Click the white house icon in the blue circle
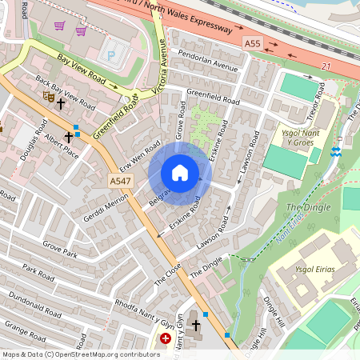point(180,173)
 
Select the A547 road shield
point(120,182)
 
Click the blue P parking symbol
point(111,55)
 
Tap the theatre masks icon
point(48,95)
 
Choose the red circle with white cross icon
point(166,339)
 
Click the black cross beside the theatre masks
point(60,103)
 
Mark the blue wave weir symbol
point(337,150)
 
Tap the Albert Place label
point(62,146)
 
